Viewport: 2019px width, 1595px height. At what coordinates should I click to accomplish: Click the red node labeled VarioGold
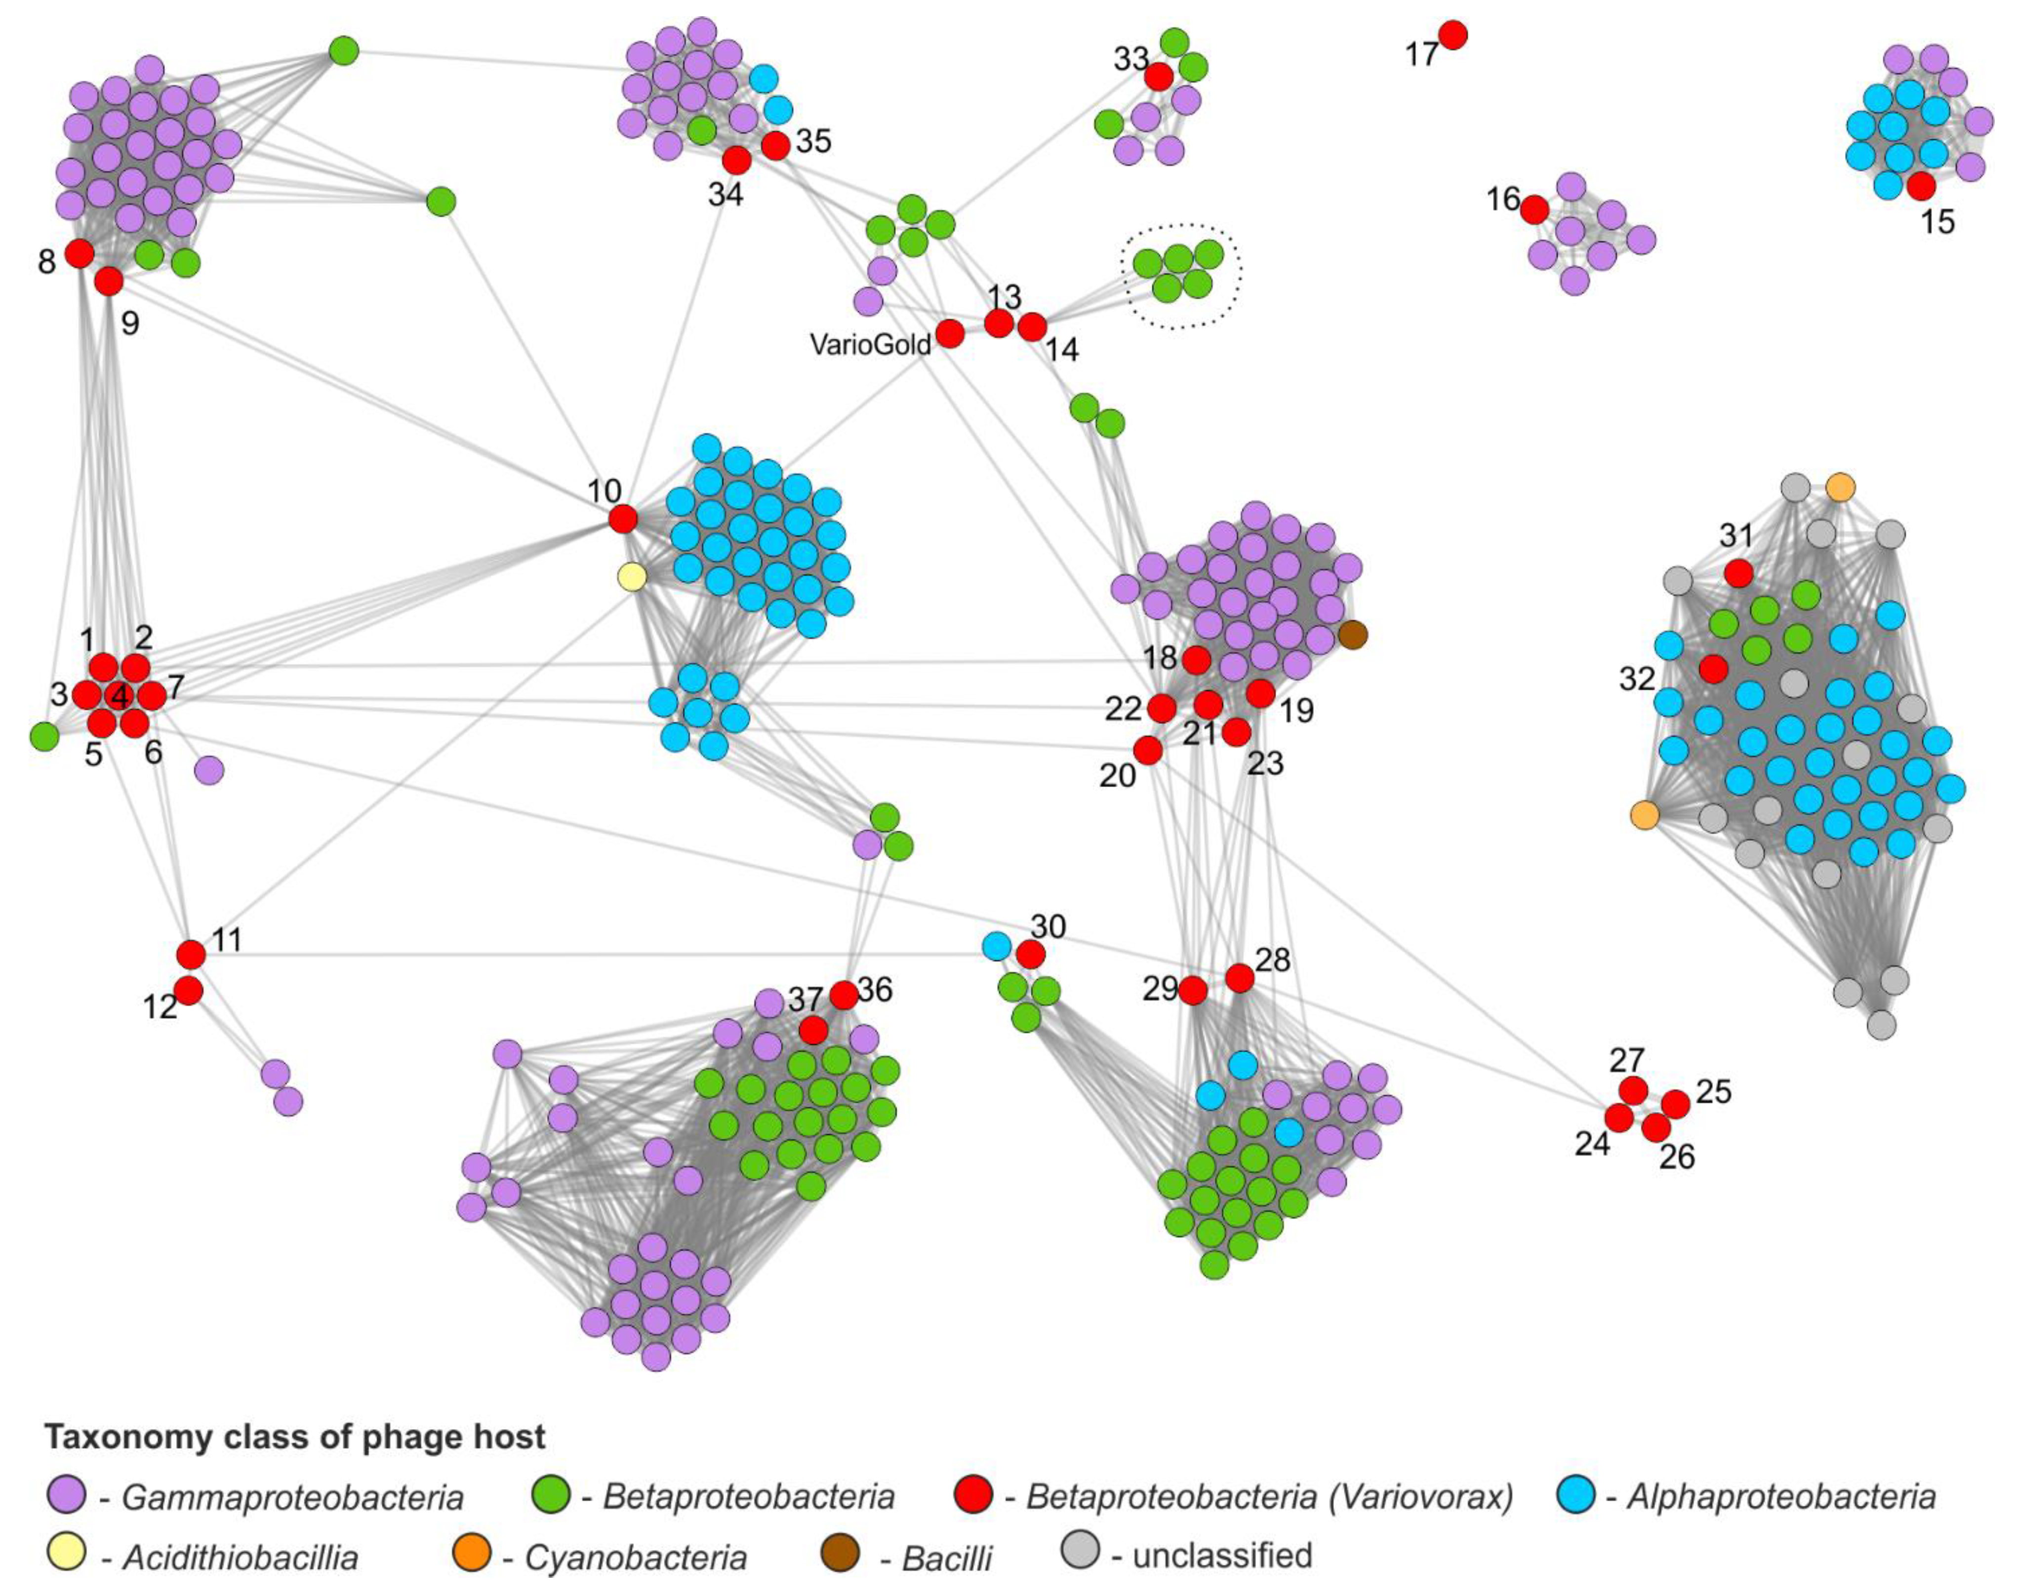950,333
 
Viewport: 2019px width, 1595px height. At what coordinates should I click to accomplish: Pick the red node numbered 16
1534,210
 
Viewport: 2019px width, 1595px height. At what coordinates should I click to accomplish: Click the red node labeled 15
1921,186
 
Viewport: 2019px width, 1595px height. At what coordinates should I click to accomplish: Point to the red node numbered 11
191,955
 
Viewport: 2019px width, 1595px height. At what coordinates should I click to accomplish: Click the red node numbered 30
1030,955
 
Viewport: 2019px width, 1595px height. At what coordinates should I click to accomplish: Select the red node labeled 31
1738,572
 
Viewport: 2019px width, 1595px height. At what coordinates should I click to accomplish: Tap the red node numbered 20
1148,749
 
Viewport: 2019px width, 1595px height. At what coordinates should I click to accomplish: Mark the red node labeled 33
1158,77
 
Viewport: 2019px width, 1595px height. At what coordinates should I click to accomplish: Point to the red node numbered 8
80,253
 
